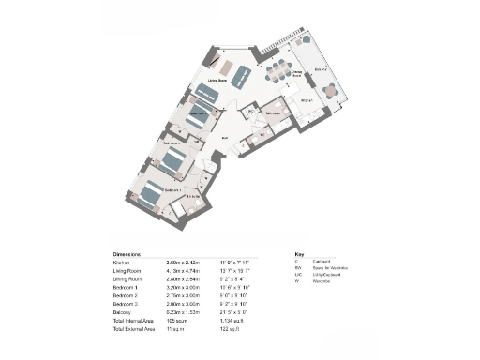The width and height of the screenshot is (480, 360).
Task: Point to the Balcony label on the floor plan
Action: click(320, 68)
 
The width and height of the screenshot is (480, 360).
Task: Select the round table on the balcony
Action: click(329, 91)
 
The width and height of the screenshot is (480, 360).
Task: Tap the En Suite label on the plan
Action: click(193, 196)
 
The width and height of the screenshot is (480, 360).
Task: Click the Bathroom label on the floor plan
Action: click(274, 112)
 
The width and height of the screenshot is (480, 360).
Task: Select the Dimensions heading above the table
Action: click(127, 254)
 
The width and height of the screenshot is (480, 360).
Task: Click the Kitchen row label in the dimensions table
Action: click(124, 263)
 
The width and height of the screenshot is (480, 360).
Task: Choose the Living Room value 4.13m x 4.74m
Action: click(183, 272)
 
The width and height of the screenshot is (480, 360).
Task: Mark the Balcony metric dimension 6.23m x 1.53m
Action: click(183, 314)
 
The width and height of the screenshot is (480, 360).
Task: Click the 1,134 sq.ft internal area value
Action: click(231, 322)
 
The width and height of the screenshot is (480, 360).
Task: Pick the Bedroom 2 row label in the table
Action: click(127, 297)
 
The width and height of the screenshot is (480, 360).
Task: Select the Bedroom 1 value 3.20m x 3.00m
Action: click(183, 289)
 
